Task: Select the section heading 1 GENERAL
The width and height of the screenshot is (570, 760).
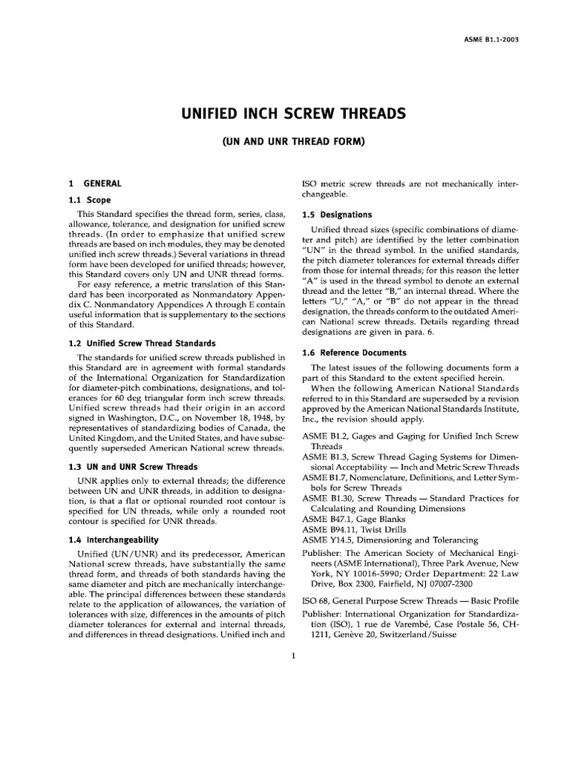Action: [x=96, y=183]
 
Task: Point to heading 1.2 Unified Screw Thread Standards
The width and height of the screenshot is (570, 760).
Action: [x=142, y=343]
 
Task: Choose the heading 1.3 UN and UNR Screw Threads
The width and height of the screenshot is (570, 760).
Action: [x=133, y=467]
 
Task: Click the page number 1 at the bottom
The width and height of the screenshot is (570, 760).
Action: [x=295, y=654]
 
